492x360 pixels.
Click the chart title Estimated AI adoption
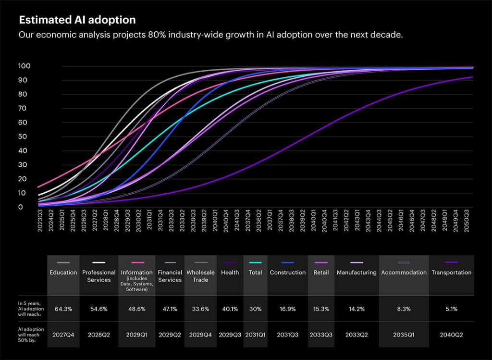point(77,20)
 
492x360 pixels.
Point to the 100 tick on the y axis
point(24,66)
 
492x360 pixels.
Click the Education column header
point(63,273)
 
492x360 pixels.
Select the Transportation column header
point(451,273)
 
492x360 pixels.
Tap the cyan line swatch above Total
point(255,262)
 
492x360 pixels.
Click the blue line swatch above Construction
point(287,262)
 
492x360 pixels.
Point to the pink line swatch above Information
point(137,262)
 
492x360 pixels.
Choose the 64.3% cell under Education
point(63,309)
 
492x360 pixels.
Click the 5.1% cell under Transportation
point(451,309)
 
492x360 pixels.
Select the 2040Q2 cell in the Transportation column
point(451,335)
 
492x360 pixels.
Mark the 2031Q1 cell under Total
point(255,335)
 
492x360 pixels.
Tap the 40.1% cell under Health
point(230,309)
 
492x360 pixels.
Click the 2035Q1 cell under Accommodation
point(404,335)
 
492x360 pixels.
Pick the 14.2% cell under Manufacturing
point(356,309)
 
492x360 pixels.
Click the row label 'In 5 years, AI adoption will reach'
point(31,309)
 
